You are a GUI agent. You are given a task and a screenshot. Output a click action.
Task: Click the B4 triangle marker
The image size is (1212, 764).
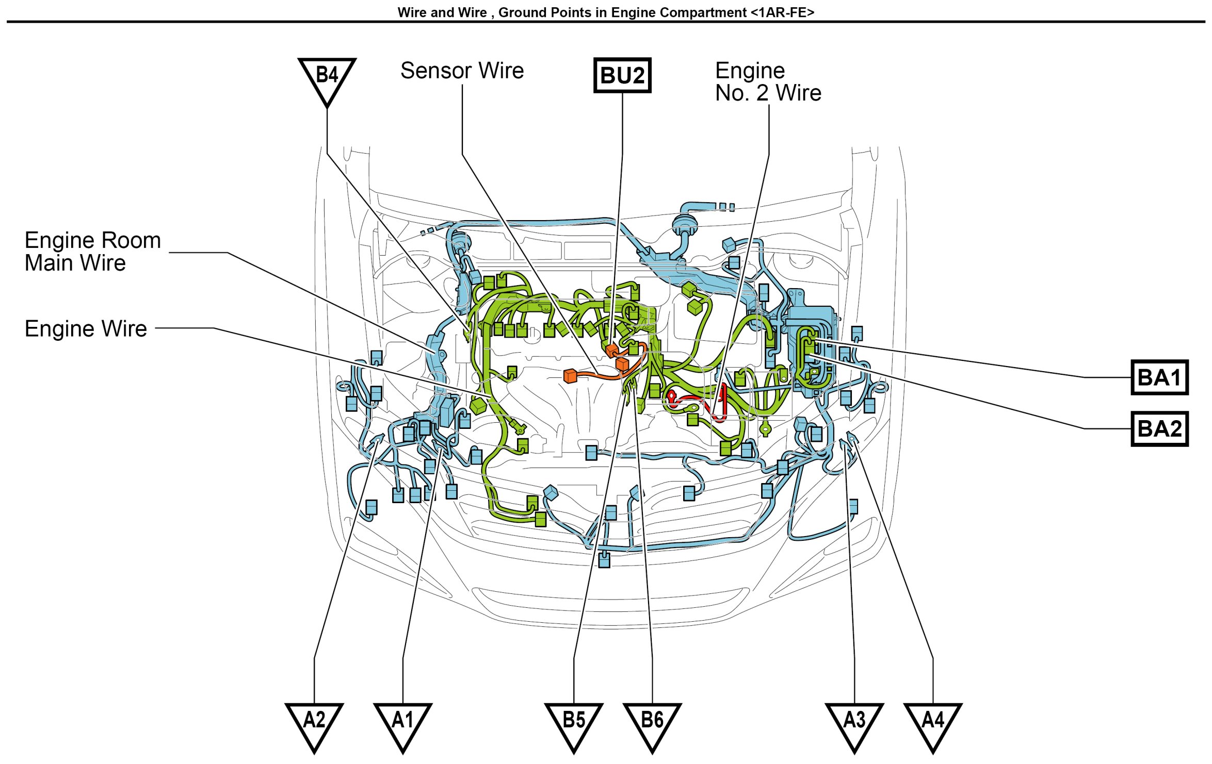[327, 77]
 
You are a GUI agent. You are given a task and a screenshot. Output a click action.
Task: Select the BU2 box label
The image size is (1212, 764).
[622, 75]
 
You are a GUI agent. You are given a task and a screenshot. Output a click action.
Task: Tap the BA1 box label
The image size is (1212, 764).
[1159, 377]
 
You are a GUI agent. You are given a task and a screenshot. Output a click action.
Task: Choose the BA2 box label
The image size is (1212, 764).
[1159, 428]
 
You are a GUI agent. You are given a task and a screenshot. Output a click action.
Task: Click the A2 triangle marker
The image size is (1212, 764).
[314, 722]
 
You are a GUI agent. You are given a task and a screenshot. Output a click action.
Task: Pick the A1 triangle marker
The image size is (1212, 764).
[403, 722]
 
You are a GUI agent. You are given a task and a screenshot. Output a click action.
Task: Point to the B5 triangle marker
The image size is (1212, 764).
[574, 722]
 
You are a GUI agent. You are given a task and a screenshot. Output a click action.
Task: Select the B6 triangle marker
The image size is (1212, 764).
[652, 722]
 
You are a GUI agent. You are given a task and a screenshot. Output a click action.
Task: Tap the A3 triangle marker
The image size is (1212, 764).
[854, 722]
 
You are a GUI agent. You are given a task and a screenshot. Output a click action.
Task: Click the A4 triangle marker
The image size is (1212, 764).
[933, 722]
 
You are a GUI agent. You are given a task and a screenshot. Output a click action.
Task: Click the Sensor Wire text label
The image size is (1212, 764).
[462, 71]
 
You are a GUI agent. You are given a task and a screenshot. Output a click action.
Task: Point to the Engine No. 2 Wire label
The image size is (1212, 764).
[767, 81]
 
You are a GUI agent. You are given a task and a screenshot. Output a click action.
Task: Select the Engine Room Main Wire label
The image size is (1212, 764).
[93, 252]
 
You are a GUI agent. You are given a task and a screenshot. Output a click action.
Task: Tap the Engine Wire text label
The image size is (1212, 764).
[86, 328]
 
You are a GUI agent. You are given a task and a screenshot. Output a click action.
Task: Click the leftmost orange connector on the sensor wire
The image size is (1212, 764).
[570, 376]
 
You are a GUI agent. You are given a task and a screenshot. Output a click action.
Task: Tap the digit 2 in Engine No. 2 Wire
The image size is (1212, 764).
[762, 93]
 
